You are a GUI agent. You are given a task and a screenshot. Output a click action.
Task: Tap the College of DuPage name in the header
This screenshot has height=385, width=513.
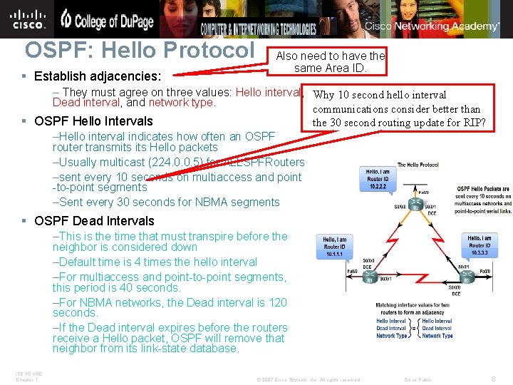pos(107,20)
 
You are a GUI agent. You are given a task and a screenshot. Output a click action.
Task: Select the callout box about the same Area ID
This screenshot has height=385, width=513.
pos(330,61)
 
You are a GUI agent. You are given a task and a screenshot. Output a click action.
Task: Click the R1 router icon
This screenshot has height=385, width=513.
pos(370,280)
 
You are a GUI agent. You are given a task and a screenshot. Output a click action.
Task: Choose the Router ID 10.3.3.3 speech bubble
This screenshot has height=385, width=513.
pos(480,247)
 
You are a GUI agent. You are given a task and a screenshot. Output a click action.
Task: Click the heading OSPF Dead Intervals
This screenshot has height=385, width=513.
pos(94,221)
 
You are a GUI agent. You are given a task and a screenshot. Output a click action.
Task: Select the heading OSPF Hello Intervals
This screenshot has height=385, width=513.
pos(93,121)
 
